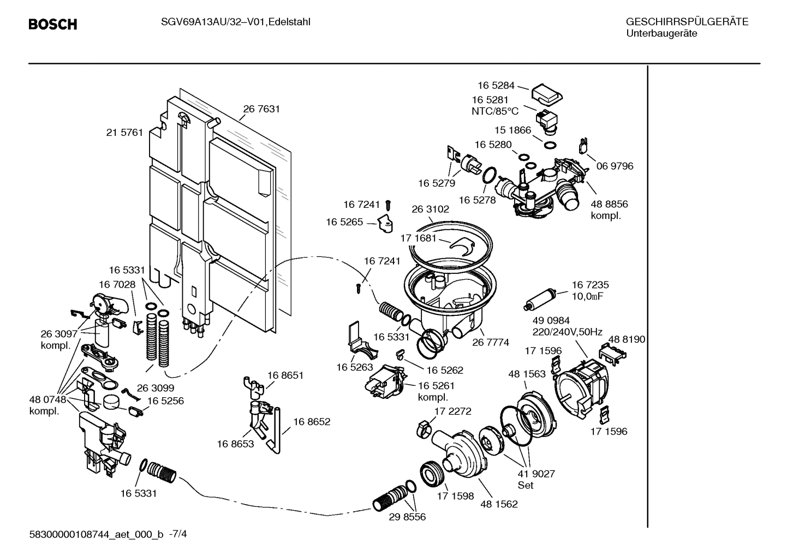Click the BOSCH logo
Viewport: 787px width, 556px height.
pos(52,25)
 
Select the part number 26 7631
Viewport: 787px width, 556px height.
pos(261,109)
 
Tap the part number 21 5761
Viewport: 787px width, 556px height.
pos(124,133)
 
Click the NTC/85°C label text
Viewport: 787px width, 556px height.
pos(495,111)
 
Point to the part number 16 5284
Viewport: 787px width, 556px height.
pos(496,85)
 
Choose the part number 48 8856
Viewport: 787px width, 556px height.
pos(609,204)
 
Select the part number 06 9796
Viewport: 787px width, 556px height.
pos(615,166)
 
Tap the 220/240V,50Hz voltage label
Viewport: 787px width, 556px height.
pos(567,332)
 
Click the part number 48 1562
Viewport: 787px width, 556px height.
pos(499,504)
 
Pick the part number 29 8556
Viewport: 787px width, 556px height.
pos(407,517)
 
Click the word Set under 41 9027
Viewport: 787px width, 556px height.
pos(526,485)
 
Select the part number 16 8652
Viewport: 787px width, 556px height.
pos(312,422)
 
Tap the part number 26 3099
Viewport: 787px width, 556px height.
pos(155,388)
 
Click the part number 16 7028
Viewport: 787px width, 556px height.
pos(117,284)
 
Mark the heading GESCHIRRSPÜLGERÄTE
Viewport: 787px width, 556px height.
pos(687,22)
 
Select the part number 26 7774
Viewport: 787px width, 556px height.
pos(491,343)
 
